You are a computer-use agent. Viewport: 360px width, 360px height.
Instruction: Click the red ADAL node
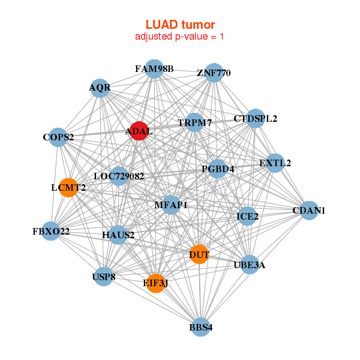click(139, 131)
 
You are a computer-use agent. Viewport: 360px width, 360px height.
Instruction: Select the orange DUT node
click(199, 254)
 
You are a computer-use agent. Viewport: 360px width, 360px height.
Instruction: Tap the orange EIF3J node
click(156, 283)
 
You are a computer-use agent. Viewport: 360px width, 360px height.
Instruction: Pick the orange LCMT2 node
click(69, 187)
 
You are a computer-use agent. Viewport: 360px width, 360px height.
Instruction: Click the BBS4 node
click(201, 327)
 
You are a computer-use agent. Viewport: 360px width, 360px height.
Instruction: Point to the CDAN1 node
click(308, 211)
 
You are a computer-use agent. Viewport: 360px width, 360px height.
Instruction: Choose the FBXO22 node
click(51, 231)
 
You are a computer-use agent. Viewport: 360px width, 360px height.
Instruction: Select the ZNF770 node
click(214, 73)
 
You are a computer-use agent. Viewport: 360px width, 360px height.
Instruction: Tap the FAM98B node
click(154, 69)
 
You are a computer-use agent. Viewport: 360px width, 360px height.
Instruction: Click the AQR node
click(100, 88)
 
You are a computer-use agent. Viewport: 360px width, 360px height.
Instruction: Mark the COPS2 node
click(58, 137)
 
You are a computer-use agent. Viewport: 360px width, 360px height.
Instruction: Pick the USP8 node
click(104, 277)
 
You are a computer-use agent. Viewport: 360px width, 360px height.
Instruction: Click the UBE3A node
click(250, 265)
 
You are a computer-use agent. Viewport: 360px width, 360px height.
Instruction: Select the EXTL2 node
click(275, 163)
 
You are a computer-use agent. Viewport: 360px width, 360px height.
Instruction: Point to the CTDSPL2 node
click(256, 119)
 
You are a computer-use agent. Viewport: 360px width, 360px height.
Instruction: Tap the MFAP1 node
click(171, 205)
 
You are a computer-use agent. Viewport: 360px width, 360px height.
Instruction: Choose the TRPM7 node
click(194, 124)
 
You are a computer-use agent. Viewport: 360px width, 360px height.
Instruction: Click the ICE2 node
click(248, 216)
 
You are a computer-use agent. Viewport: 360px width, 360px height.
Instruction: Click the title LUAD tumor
click(180, 25)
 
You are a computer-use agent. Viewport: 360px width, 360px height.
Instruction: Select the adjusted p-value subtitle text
click(180, 37)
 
